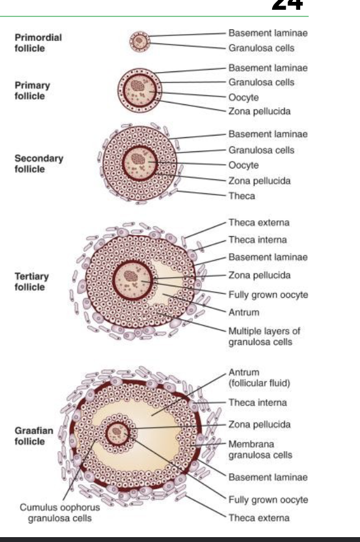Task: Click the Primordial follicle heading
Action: [38, 43]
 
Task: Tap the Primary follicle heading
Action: [32, 90]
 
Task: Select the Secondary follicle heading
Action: [38, 164]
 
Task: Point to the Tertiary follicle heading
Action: [32, 281]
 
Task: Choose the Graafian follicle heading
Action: [34, 436]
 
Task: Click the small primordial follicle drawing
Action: [140, 42]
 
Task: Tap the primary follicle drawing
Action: [140, 90]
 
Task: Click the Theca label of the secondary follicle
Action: [242, 196]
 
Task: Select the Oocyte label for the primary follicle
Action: [243, 98]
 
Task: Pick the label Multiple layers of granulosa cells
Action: [264, 336]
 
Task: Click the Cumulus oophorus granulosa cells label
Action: [60, 513]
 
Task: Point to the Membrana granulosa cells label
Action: [260, 449]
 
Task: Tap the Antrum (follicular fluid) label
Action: [259, 377]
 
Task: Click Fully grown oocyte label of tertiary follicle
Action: [268, 295]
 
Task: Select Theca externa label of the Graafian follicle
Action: [259, 518]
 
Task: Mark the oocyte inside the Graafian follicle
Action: [118, 433]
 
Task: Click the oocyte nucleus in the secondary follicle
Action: [138, 159]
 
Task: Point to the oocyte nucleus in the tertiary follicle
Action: [131, 275]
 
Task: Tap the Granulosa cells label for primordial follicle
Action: [261, 48]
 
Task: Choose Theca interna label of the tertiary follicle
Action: [257, 240]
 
